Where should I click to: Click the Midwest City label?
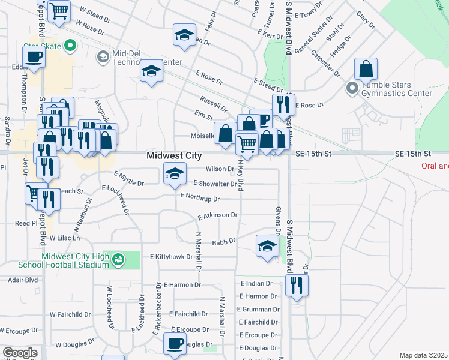click(x=174, y=155)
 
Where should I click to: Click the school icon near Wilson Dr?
click(x=175, y=174)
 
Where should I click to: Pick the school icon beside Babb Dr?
click(x=267, y=245)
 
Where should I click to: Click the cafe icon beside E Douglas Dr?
click(x=175, y=344)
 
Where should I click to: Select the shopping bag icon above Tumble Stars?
click(x=366, y=70)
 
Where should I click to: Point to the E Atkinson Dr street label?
click(x=217, y=215)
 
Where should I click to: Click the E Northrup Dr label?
click(x=200, y=198)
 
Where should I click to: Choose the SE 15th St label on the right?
click(x=414, y=154)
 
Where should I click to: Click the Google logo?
click(x=20, y=353)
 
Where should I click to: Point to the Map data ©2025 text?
click(x=423, y=355)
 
